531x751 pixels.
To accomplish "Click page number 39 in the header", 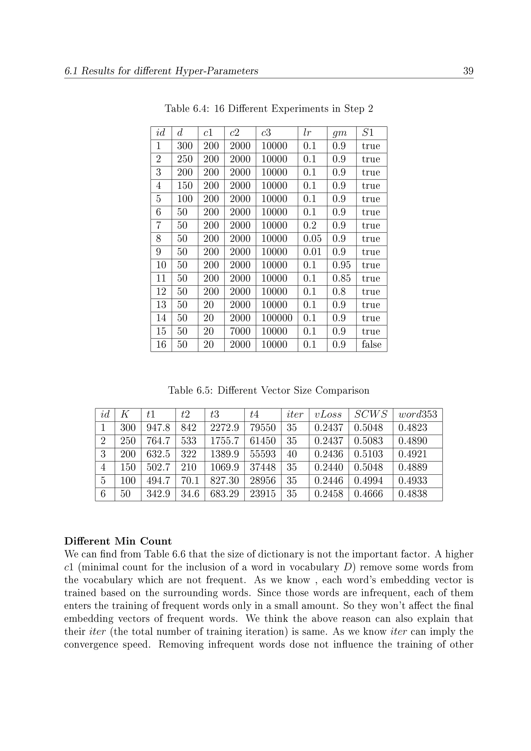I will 468,71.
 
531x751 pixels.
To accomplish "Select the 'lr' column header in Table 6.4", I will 307,133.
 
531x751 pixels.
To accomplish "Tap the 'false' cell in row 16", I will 372,344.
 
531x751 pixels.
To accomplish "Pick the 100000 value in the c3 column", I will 277,318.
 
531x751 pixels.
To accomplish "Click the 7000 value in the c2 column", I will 240,331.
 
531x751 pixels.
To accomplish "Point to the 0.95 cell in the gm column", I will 341,265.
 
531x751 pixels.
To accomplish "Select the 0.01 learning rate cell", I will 312,252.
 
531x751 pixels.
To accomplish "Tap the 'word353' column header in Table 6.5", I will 417,414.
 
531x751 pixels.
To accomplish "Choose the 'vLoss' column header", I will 328,414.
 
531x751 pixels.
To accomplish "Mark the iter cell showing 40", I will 292,454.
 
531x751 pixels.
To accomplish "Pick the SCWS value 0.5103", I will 368,454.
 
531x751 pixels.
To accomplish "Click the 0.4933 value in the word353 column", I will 413,481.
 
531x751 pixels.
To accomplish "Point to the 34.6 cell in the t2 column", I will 190,494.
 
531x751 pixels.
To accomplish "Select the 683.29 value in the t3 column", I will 224,494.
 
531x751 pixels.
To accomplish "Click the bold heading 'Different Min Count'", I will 118,541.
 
